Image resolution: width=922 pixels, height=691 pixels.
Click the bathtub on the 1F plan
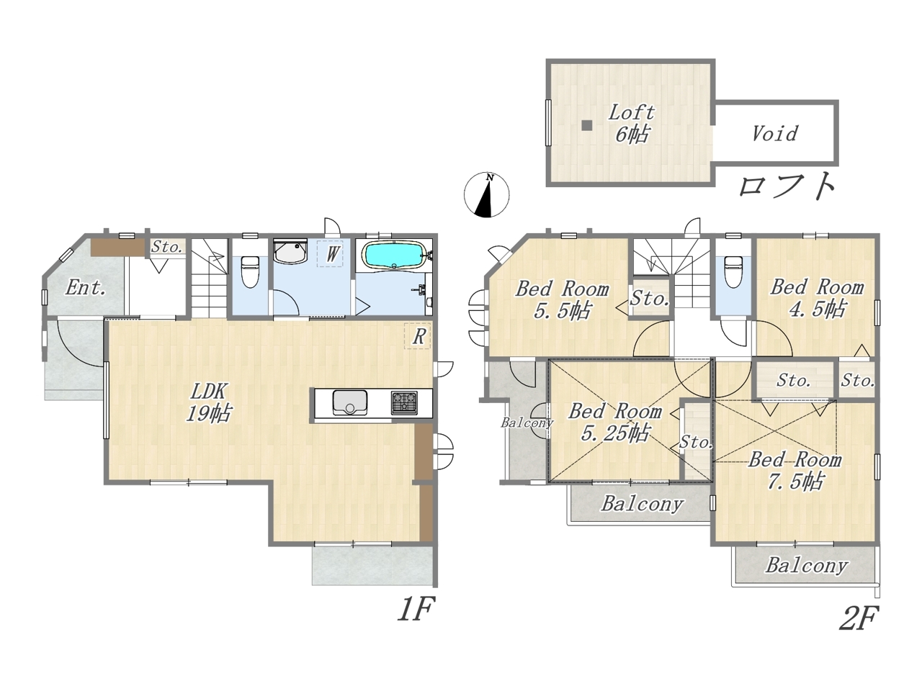point(393,255)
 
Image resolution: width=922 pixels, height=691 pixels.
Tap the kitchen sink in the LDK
point(349,402)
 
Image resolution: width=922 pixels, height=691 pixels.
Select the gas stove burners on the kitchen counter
point(404,403)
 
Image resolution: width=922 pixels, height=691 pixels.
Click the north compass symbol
point(486,194)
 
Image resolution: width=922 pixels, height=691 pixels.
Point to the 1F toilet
point(250,271)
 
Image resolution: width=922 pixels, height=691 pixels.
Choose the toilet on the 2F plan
point(733,272)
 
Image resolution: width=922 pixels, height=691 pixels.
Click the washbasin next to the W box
point(290,252)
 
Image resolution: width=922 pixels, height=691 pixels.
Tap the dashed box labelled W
point(330,253)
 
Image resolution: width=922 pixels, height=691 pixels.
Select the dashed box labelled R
point(418,335)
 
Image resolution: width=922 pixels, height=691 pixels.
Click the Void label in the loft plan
point(774,134)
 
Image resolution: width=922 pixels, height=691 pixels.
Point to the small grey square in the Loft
point(587,125)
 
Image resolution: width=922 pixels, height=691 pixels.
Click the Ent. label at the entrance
point(85,288)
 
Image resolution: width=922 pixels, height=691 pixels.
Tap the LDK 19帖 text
point(208,403)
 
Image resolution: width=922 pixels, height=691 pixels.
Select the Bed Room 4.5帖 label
point(817,298)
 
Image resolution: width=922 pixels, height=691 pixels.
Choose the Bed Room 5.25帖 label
point(615,422)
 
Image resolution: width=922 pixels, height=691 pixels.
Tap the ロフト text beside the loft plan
point(787,186)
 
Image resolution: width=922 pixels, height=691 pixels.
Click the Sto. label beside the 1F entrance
point(166,247)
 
